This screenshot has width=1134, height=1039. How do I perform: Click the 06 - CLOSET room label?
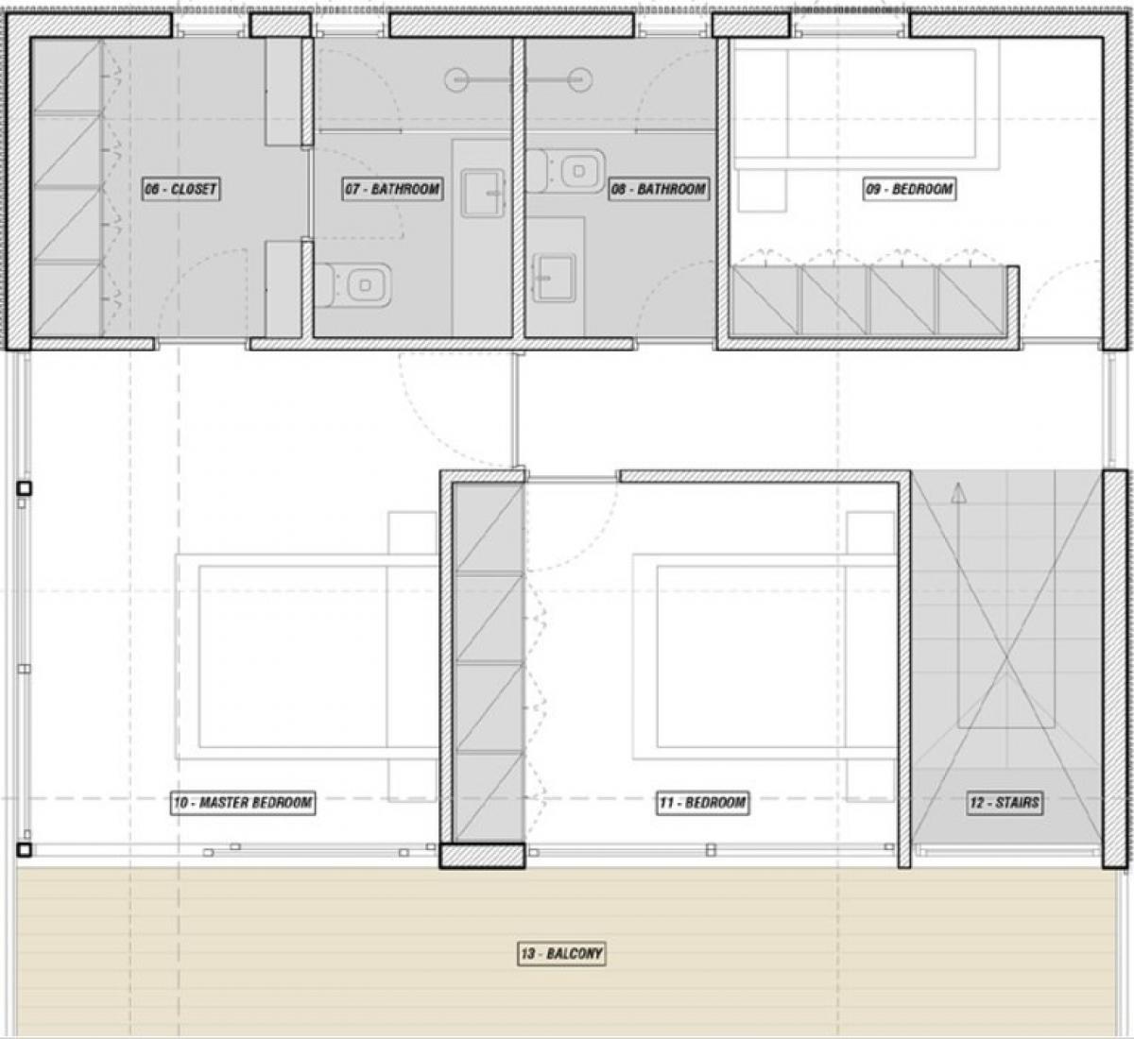tap(180, 189)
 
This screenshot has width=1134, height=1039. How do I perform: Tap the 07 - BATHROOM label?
tap(392, 189)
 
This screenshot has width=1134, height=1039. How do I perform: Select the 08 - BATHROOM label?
tap(659, 189)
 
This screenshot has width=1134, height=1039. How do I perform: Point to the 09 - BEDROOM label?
tap(909, 189)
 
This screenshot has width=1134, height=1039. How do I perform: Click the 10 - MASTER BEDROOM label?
tap(243, 802)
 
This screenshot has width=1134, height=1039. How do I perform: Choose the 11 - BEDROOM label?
tap(703, 802)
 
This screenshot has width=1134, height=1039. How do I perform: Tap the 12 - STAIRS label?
tap(1005, 802)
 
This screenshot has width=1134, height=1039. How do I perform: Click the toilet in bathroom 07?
tap(353, 285)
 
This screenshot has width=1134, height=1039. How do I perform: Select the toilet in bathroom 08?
tap(565, 171)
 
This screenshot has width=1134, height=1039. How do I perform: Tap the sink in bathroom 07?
tap(483, 194)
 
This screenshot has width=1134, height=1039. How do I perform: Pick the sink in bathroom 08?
tap(555, 278)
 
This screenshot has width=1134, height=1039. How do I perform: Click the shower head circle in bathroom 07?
tap(456, 80)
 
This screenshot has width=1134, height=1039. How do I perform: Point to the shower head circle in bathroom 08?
tap(580, 80)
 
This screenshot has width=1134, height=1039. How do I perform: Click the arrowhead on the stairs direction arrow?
tap(958, 493)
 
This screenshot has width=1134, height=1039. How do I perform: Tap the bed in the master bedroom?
tap(306, 656)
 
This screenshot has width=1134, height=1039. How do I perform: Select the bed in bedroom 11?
tap(765, 656)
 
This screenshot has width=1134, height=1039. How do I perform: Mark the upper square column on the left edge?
tap(24, 487)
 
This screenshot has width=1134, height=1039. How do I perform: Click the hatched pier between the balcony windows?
tap(482, 855)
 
